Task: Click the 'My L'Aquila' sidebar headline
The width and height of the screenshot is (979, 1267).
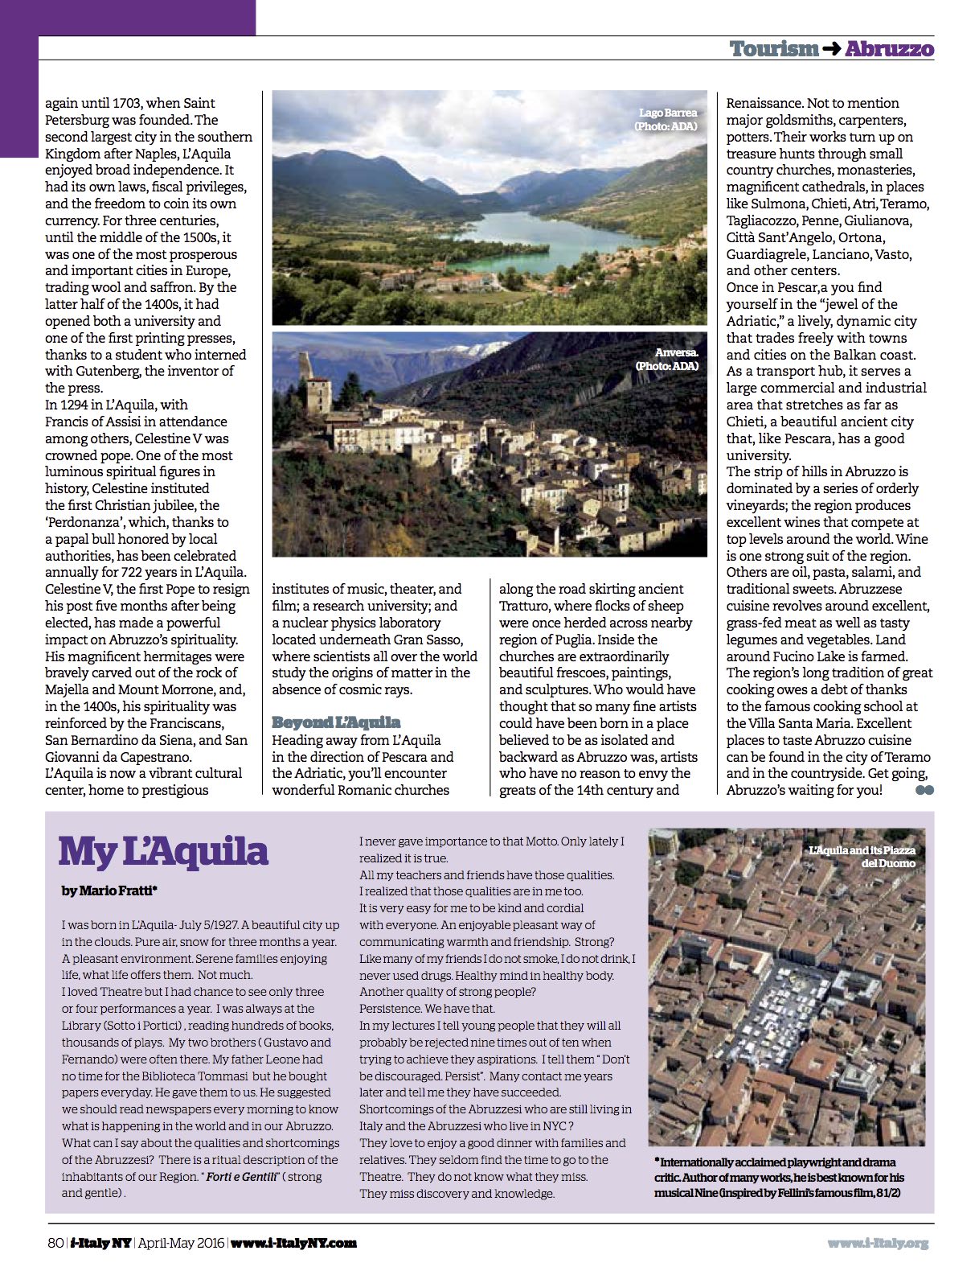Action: tap(163, 852)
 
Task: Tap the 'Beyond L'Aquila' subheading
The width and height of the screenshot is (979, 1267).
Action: tap(336, 722)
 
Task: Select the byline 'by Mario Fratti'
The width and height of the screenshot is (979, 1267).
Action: tap(109, 891)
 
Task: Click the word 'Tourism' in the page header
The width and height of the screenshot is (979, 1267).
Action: tap(774, 49)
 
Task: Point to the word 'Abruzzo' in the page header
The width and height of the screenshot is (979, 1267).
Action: tap(889, 49)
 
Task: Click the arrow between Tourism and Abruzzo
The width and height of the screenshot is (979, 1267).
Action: tap(832, 50)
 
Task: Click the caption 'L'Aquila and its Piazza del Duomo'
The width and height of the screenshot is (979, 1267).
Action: tap(862, 856)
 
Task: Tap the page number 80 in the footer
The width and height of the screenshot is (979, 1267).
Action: tap(55, 1243)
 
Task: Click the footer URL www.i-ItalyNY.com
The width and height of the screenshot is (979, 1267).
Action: tap(293, 1243)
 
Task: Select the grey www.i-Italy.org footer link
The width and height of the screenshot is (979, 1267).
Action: tap(878, 1243)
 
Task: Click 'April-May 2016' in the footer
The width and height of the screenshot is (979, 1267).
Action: tap(182, 1243)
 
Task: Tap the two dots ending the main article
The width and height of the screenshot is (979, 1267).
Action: tap(924, 790)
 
